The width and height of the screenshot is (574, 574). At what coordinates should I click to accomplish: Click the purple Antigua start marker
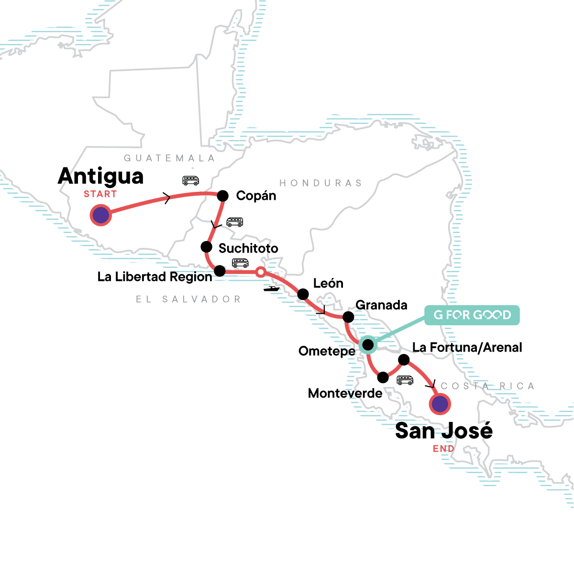(x=101, y=215)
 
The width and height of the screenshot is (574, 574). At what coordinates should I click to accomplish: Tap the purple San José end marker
(x=440, y=404)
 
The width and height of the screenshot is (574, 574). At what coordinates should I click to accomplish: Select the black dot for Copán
(x=222, y=196)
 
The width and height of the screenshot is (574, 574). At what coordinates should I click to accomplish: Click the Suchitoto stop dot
(x=206, y=247)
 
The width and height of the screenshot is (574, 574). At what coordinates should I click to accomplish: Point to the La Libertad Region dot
(x=220, y=271)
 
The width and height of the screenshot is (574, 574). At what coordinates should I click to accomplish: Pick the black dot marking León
(x=303, y=294)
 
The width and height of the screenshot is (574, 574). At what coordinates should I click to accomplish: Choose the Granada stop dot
(x=348, y=317)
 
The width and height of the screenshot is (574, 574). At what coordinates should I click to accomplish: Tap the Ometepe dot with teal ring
(x=367, y=344)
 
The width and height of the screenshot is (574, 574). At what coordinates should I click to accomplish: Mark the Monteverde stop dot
(x=383, y=377)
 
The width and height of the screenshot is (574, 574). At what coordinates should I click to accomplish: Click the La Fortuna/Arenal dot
(x=404, y=359)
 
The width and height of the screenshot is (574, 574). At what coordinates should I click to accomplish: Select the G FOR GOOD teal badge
(x=472, y=315)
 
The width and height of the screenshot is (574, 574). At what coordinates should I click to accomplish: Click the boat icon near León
(x=271, y=288)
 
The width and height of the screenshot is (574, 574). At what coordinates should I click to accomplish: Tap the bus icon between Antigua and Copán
(x=190, y=181)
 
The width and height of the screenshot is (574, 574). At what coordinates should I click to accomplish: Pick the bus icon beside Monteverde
(x=405, y=380)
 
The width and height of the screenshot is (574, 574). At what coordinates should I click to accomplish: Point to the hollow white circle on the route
(x=260, y=272)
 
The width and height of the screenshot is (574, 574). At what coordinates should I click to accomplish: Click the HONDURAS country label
(x=320, y=183)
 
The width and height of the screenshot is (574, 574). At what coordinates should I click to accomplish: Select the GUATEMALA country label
(x=169, y=158)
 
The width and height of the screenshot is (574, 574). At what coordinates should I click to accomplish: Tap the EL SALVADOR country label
(x=188, y=299)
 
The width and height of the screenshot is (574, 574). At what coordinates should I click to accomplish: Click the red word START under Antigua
(x=100, y=194)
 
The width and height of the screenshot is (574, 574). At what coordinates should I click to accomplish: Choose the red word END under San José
(x=443, y=449)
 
